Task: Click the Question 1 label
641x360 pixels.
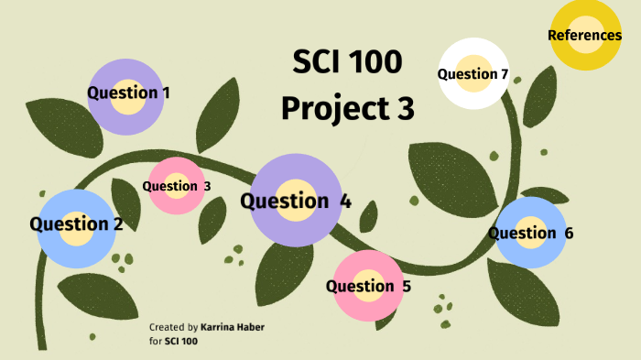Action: (128, 93)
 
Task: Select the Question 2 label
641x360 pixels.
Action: (76, 224)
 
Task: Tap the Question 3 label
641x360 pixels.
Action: (177, 186)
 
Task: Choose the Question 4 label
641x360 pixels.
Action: (295, 202)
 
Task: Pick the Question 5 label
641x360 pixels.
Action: (368, 286)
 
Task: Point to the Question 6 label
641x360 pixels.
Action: (530, 233)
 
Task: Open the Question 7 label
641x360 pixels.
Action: (473, 74)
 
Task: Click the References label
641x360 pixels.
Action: (584, 36)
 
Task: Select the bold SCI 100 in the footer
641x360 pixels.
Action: (180, 341)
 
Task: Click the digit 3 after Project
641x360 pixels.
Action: (404, 108)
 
